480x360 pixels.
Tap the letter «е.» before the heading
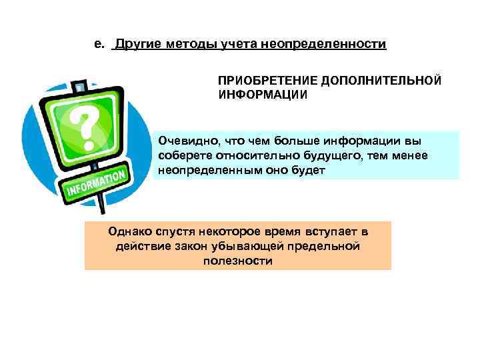99,45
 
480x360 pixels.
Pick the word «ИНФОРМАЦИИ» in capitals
263,94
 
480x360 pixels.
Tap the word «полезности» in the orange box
237,261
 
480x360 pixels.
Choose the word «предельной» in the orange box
325,246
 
